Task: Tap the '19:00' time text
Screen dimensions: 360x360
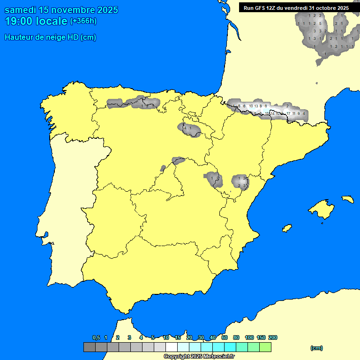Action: pyautogui.click(x=20, y=21)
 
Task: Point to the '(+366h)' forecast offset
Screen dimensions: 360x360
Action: pyautogui.click(x=83, y=21)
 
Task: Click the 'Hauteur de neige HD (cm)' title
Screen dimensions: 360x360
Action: pyautogui.click(x=50, y=37)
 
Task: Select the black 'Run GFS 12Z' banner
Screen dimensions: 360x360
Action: pyautogui.click(x=296, y=8)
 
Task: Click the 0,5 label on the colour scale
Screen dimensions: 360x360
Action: pyautogui.click(x=96, y=338)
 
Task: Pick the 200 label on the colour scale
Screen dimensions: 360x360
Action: pyautogui.click(x=272, y=338)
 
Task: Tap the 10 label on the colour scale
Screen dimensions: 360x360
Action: pyautogui.click(x=166, y=338)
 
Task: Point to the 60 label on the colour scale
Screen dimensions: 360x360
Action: pyautogui.click(x=225, y=338)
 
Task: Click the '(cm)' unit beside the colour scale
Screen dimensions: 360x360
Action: pyautogui.click(x=316, y=348)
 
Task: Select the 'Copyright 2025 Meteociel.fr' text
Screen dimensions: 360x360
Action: pyautogui.click(x=199, y=357)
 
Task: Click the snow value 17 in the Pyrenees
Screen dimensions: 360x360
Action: pyautogui.click(x=288, y=113)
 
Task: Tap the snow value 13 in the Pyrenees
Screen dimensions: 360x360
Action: pyautogui.click(x=256, y=106)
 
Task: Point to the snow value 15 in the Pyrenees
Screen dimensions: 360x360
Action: pyautogui.click(x=267, y=113)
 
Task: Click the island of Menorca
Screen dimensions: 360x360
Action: pyautogui.click(x=347, y=199)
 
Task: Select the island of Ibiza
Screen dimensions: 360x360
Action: pyautogui.click(x=286, y=228)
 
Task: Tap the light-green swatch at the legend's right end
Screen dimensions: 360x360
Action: pyautogui.click(x=265, y=347)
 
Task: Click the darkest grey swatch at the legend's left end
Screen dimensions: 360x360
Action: pyautogui.click(x=89, y=347)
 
